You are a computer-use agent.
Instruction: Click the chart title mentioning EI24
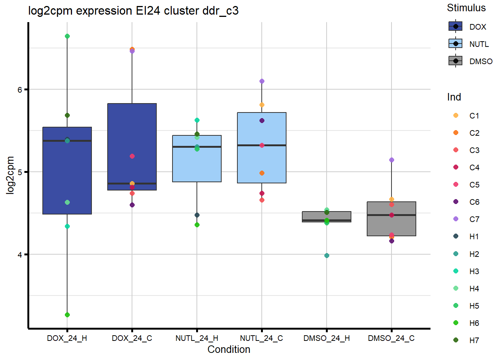(x=133, y=10)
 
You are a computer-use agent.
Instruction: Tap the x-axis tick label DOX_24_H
(x=67, y=338)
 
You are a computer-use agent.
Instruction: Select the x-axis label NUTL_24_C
(x=261, y=338)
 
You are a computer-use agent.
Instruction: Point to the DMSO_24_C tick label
(x=391, y=338)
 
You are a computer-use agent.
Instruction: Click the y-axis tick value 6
(x=20, y=90)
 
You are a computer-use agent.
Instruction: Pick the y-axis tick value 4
(x=20, y=255)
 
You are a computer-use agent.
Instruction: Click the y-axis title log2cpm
(x=10, y=175)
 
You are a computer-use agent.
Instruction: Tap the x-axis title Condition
(x=229, y=349)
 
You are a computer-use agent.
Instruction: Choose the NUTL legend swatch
(x=456, y=44)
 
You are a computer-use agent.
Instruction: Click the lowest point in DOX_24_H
(x=67, y=315)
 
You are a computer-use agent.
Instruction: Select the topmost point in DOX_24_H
(x=67, y=36)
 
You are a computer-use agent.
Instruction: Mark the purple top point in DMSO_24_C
(x=391, y=160)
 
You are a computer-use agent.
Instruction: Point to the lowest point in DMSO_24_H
(x=327, y=255)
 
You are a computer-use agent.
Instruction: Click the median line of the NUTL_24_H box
(x=197, y=147)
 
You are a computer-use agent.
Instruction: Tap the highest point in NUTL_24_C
(x=262, y=81)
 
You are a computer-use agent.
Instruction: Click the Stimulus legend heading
(x=466, y=8)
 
